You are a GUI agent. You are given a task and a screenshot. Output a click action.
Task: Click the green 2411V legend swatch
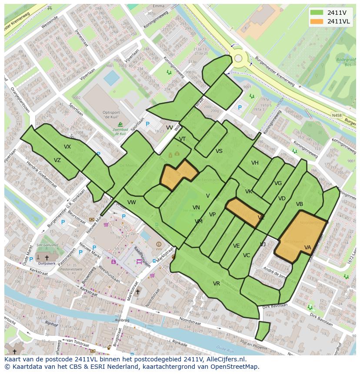pyautogui.click(x=317, y=13)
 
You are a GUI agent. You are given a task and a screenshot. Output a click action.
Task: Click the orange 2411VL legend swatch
pyautogui.click(x=317, y=21)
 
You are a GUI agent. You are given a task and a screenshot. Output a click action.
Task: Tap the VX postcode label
pyautogui.click(x=67, y=147)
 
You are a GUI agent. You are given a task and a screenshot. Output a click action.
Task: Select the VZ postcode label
pyautogui.click(x=57, y=160)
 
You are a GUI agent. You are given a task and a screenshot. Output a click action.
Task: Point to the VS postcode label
pyautogui.click(x=219, y=151)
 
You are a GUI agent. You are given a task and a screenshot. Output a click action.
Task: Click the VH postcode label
pyautogui.click(x=255, y=163)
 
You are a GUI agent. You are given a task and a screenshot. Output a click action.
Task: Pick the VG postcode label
pyautogui.click(x=278, y=183)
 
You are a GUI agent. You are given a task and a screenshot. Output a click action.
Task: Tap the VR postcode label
pyautogui.click(x=216, y=284)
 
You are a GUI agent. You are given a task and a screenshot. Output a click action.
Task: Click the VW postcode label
pyautogui.click(x=132, y=202)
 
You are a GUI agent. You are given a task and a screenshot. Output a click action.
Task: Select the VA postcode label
pyautogui.click(x=308, y=248)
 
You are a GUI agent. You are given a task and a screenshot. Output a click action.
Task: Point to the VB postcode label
pyautogui.click(x=300, y=204)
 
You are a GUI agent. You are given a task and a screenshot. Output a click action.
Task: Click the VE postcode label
pyautogui.click(x=236, y=246)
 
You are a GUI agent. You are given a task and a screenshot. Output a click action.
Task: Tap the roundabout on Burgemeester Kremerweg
pyautogui.click(x=238, y=58)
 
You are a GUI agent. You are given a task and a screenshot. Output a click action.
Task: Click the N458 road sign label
pyautogui.click(x=336, y=115)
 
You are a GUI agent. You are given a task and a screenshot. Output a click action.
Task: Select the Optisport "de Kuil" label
pyautogui.click(x=112, y=115)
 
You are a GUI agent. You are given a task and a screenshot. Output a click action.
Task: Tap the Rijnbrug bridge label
pyautogui.click(x=122, y=320)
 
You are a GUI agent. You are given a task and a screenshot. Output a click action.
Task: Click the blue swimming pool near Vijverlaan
pyautogui.click(x=112, y=78)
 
